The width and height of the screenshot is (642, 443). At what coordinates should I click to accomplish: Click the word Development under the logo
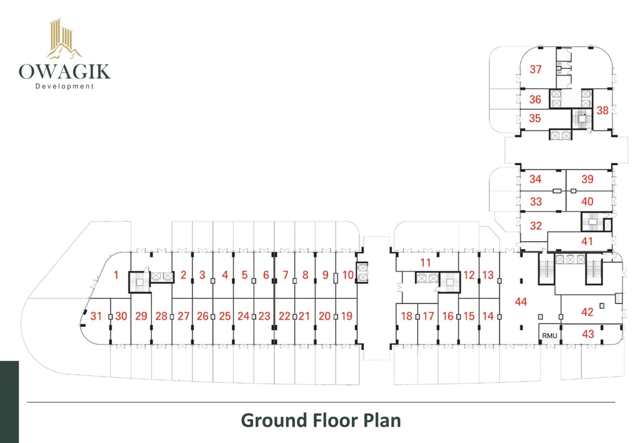point(64,87)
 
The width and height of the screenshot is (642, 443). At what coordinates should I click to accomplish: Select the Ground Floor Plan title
point(321,420)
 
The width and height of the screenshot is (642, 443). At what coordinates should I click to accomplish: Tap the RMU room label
point(548,335)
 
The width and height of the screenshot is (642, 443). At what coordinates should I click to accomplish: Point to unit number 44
point(521,301)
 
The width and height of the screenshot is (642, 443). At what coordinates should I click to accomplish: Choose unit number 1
point(116,275)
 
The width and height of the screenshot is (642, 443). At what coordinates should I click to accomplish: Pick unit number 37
point(536,70)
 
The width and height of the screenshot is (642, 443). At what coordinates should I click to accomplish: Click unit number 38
point(602,110)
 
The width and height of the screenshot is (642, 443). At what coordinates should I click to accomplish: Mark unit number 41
point(587,242)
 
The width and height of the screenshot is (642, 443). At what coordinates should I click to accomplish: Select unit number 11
point(426,262)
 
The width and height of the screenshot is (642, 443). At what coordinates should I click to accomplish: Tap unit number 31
point(96,316)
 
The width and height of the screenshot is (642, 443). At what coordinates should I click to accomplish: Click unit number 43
point(588,334)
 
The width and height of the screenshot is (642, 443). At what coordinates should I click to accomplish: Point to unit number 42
point(587,312)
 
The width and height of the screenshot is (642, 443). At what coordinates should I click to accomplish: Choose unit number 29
point(141,316)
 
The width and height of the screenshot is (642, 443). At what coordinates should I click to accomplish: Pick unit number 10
point(347,275)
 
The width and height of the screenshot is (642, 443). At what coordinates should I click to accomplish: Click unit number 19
point(346,316)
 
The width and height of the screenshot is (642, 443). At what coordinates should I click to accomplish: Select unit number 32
point(536,226)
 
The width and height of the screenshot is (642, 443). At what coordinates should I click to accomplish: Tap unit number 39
point(587,179)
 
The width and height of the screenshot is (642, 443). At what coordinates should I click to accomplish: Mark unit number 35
point(535,118)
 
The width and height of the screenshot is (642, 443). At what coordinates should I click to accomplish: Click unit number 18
point(407,316)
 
